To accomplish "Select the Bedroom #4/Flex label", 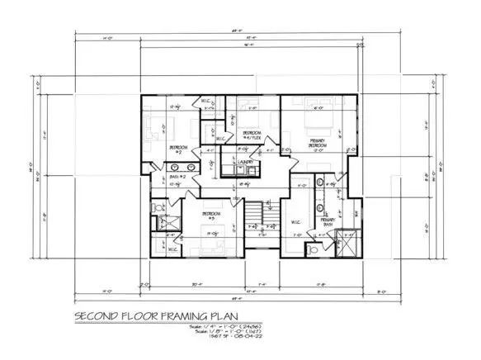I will [x=251, y=134].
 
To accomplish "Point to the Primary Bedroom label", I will [x=318, y=144].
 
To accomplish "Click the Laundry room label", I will [x=245, y=162].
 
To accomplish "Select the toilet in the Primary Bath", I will [x=311, y=248].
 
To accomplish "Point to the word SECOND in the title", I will [x=100, y=316].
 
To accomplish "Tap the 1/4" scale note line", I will [x=256, y=328].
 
